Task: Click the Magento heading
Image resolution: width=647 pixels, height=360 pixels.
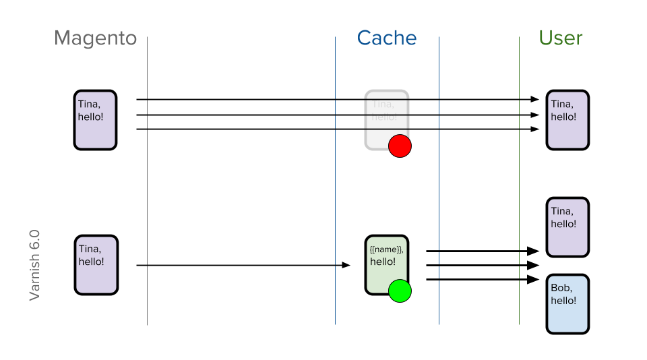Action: click(95, 38)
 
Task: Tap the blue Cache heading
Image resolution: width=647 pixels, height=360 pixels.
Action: click(387, 38)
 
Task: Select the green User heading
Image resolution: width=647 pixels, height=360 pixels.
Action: click(561, 38)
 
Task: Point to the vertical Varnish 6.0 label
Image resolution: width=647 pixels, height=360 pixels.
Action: click(35, 265)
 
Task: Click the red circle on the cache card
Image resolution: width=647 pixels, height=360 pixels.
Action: click(400, 146)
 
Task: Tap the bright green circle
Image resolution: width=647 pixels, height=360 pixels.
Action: click(400, 291)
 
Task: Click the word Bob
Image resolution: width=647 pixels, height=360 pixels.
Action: click(561, 288)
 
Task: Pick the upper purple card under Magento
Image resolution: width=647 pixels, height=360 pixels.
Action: click(95, 120)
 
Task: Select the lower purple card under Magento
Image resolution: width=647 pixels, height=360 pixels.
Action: click(96, 265)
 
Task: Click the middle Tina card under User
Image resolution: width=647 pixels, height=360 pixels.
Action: click(567, 227)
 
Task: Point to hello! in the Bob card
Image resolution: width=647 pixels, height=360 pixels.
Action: click(564, 301)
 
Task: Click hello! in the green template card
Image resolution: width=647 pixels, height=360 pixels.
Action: click(383, 262)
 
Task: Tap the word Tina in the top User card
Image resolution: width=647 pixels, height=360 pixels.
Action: click(562, 104)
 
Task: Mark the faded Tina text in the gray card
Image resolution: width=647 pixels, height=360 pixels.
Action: click(383, 104)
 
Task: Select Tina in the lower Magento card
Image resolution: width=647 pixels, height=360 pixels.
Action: click(90, 249)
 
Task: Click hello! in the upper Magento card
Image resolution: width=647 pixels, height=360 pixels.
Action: click(91, 117)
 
